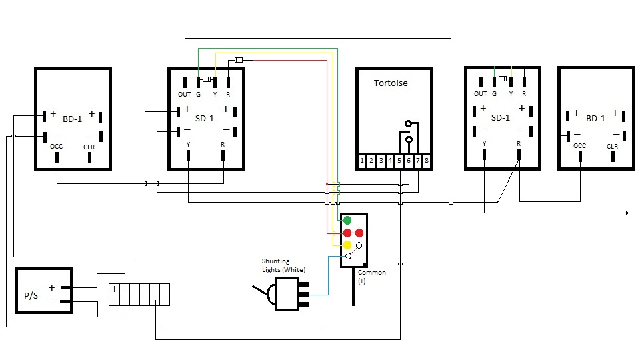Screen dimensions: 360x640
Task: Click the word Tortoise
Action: pyautogui.click(x=391, y=83)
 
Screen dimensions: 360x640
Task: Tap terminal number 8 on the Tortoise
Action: pyautogui.click(x=427, y=161)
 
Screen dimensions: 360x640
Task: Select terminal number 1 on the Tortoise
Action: pyautogui.click(x=362, y=161)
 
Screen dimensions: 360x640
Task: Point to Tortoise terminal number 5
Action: pyautogui.click(x=399, y=161)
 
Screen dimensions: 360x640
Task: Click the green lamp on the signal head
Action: pyautogui.click(x=347, y=221)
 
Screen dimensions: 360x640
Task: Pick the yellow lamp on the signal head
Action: pyautogui.click(x=347, y=245)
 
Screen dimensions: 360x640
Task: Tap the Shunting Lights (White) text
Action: pyautogui.click(x=284, y=265)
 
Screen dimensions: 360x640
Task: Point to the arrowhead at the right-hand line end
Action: pyautogui.click(x=627, y=213)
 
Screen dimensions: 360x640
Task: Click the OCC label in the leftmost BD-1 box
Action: pyautogui.click(x=57, y=147)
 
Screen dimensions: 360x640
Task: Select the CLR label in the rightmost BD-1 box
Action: pyautogui.click(x=613, y=147)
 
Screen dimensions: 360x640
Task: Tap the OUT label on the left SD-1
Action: pyautogui.click(x=184, y=95)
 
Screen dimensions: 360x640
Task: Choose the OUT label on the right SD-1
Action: pyautogui.click(x=481, y=94)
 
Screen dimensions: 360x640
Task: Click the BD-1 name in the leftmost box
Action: pyautogui.click(x=73, y=119)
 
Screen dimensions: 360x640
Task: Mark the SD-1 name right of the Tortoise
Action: pyautogui.click(x=501, y=118)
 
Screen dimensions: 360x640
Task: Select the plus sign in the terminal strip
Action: pyautogui.click(x=114, y=289)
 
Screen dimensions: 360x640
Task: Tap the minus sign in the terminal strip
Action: pyautogui.click(x=114, y=301)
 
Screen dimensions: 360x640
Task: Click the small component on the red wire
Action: pyautogui.click(x=239, y=61)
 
